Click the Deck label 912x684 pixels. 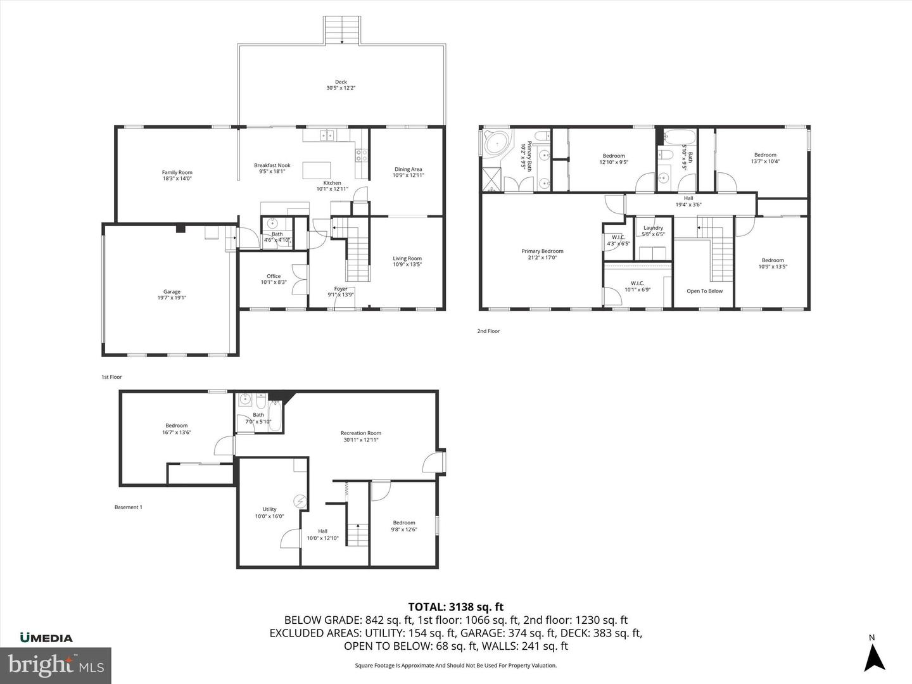coord(341,85)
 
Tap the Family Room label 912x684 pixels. coord(177,175)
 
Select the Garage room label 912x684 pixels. coord(172,294)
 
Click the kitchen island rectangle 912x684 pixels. coord(317,170)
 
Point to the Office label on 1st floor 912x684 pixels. coord(274,279)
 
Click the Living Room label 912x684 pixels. coord(407,262)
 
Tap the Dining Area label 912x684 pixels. coord(408,172)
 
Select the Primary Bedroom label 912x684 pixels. coord(542,254)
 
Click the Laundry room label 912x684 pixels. coord(653,231)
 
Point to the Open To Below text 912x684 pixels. coord(704,291)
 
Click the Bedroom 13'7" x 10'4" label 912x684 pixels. coord(765,158)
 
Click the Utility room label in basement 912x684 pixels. coord(269,512)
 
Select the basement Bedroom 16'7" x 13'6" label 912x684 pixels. coord(177,429)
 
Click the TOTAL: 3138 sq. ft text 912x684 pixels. coord(455,607)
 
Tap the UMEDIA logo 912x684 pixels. coord(46,638)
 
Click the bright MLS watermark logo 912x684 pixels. coord(56,665)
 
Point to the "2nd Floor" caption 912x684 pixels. coord(488,331)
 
